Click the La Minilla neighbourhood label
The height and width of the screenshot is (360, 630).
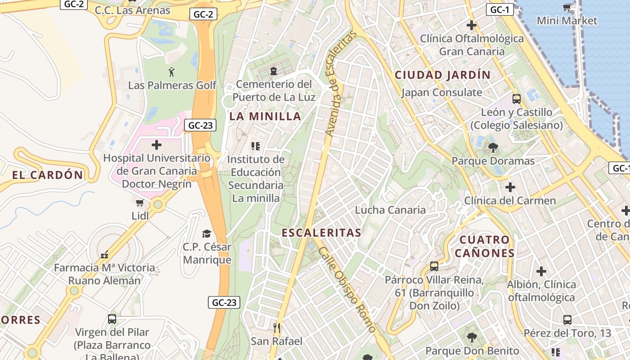click(x=265, y=116)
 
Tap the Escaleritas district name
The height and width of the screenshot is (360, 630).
click(x=321, y=233)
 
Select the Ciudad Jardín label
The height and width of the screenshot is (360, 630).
click(x=442, y=75)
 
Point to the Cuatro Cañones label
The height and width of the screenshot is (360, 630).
click(x=485, y=246)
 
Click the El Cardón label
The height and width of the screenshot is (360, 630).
click(x=48, y=175)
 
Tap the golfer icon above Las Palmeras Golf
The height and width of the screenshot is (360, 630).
click(x=171, y=72)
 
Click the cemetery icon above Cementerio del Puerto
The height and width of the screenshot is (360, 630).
click(x=273, y=71)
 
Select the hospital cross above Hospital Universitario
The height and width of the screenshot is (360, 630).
click(x=157, y=145)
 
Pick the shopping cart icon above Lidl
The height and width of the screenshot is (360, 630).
click(x=140, y=203)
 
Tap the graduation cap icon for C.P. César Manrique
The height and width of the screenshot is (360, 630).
click(x=207, y=234)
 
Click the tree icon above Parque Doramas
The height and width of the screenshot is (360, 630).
click(x=493, y=147)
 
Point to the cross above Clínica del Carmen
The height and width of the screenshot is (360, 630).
click(x=510, y=187)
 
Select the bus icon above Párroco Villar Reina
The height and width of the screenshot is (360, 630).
click(x=434, y=266)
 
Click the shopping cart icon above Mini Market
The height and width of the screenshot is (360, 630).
click(x=567, y=7)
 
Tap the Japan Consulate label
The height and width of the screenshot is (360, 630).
click(x=441, y=93)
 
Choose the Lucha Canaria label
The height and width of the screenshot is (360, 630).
click(x=390, y=210)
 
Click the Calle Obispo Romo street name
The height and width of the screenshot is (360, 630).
click(x=346, y=289)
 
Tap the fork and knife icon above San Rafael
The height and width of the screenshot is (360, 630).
click(x=277, y=328)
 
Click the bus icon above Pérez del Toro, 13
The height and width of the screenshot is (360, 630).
click(x=567, y=319)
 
